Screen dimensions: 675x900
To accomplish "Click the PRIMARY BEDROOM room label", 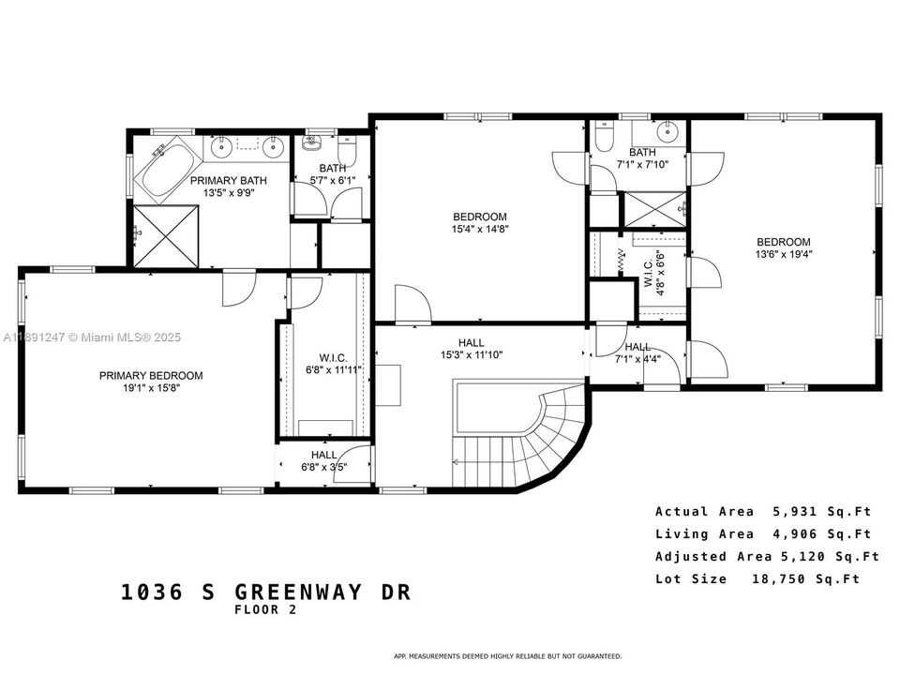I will [x=151, y=376].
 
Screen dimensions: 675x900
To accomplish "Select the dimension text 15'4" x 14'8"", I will [x=480, y=228].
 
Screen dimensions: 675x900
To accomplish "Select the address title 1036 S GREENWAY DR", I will [x=266, y=592].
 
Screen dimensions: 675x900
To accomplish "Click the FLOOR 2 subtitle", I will [x=266, y=610].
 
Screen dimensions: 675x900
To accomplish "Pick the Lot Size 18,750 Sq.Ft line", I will [x=757, y=579].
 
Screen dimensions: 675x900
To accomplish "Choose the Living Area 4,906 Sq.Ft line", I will [x=763, y=534].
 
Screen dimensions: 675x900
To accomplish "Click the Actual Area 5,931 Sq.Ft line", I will [x=763, y=512].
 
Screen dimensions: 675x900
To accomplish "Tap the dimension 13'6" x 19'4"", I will [x=783, y=253].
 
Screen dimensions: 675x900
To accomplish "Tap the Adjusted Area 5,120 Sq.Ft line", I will [x=767, y=557].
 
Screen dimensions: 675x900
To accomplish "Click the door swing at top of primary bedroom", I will [x=239, y=289].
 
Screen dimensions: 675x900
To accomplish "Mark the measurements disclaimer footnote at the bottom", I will [x=506, y=656].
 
